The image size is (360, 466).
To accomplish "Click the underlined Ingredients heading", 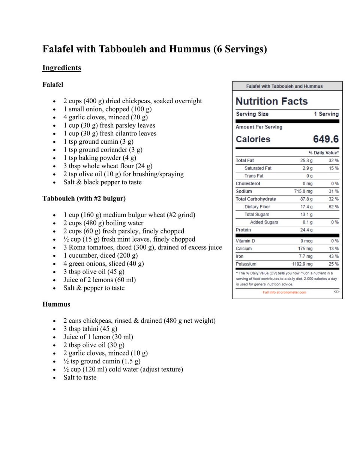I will [61, 68].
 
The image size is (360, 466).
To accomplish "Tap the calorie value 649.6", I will [325, 139].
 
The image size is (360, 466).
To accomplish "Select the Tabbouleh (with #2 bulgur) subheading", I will [84, 198].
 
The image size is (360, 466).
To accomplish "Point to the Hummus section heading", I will [56, 304].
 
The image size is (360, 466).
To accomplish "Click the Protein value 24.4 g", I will [306, 230].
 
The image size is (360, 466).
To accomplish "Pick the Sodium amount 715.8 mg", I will [303, 191].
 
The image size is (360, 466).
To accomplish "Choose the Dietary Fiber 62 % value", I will [333, 207].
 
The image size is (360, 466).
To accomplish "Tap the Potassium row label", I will [246, 264].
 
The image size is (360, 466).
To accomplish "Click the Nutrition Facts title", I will [271, 101].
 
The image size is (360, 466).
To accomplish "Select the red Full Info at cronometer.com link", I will [284, 292].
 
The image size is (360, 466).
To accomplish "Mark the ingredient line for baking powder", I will [100, 158].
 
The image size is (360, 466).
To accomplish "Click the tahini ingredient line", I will [90, 329].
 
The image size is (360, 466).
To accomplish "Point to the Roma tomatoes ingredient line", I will [142, 247].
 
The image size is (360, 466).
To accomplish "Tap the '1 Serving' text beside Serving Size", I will [326, 114].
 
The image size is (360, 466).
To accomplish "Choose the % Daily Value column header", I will [323, 153].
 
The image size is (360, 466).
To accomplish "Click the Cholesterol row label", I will [248, 184].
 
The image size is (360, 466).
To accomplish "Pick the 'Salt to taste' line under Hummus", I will [80, 377].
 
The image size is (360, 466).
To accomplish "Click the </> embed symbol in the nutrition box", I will [336, 292].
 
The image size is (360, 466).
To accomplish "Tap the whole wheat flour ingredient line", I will [108, 166].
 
